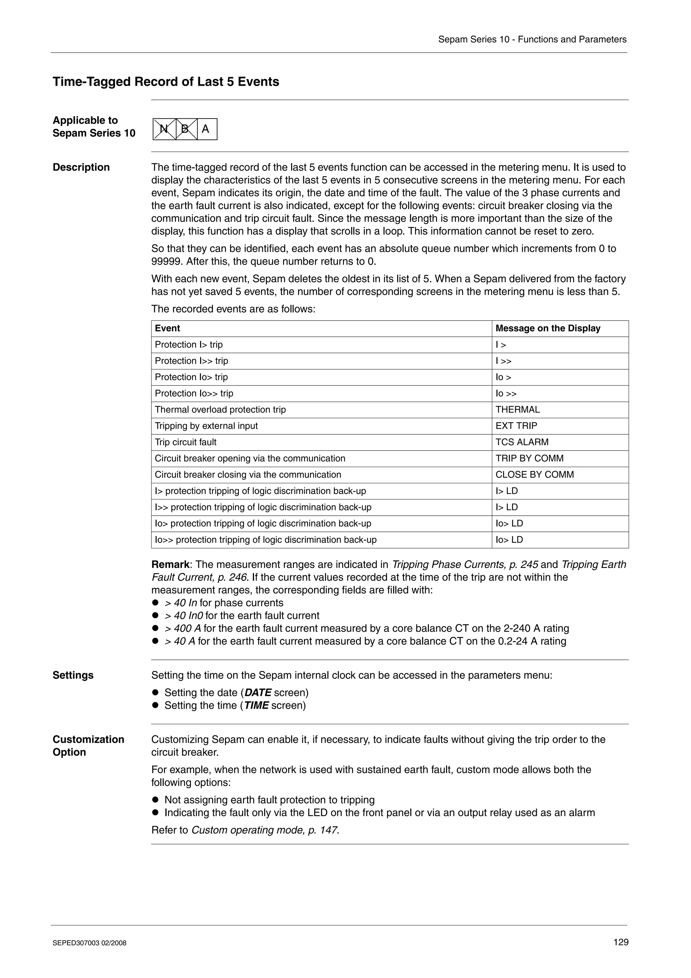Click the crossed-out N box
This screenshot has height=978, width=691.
tap(164, 129)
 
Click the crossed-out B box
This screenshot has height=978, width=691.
tap(186, 129)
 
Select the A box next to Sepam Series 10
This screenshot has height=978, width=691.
tap(206, 129)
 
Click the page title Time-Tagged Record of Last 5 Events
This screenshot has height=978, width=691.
tap(166, 82)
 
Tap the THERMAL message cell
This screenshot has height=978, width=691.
tap(517, 410)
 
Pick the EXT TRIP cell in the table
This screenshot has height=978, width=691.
tap(516, 426)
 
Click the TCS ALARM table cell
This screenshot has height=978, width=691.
tap(522, 442)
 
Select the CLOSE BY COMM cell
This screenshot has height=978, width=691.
tap(534, 475)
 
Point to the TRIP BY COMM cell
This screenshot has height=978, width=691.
tap(529, 459)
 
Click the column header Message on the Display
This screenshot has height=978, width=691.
tap(548, 328)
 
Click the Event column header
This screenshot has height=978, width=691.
tap(167, 328)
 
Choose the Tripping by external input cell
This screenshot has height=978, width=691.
tap(206, 426)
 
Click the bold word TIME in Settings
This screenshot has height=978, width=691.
tap(256, 705)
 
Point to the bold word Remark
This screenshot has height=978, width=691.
tap(170, 565)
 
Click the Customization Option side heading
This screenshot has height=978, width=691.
tap(88, 746)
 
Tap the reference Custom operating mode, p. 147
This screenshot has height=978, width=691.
tap(265, 830)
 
